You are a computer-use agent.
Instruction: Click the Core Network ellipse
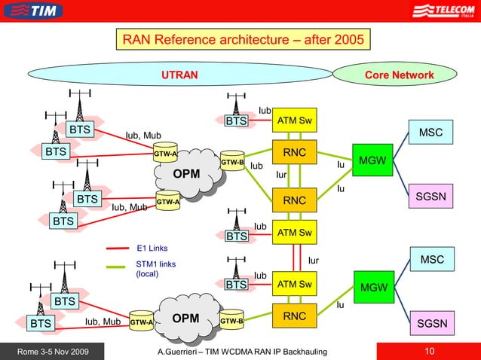399,75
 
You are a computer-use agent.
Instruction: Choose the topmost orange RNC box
294,153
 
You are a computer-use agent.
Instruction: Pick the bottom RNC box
294,316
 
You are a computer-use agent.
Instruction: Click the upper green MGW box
373,161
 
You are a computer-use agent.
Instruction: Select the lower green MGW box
373,288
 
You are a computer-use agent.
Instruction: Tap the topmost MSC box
431,133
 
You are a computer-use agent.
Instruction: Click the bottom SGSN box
431,325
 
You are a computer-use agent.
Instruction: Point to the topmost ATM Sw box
294,121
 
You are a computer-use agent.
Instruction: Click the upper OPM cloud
187,175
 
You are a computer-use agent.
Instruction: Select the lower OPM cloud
185,319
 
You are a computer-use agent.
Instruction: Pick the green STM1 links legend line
118,266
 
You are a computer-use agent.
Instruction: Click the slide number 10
430,352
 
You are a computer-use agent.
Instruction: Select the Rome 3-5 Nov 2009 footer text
48,352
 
